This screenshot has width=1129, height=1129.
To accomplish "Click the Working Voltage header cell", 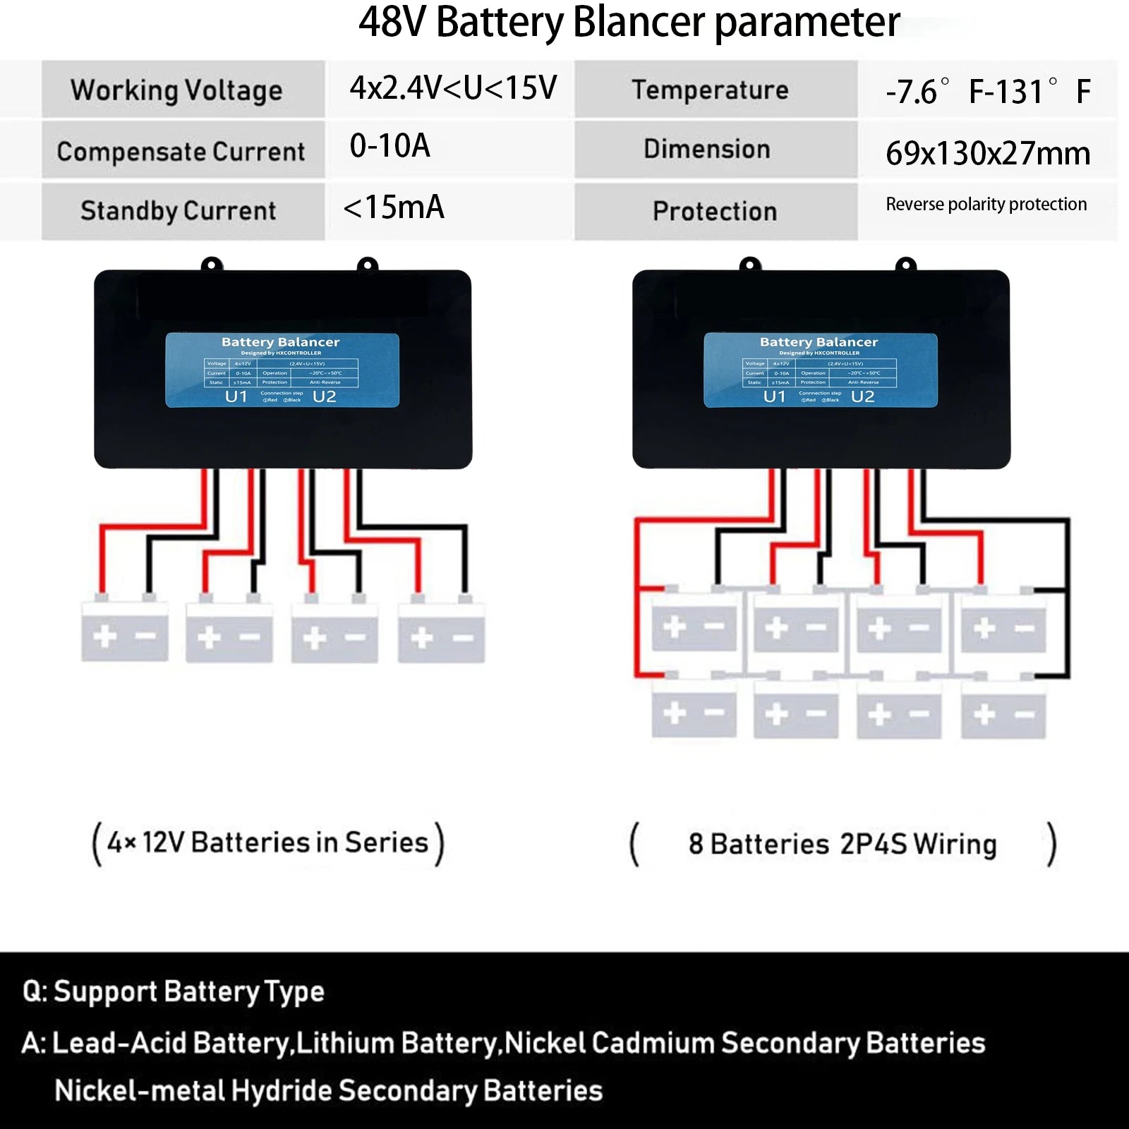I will [x=183, y=90].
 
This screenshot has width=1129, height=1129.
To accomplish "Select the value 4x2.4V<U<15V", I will [x=453, y=88].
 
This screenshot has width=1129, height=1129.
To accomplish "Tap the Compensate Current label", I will [x=182, y=151].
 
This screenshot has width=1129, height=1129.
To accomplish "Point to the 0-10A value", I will [x=390, y=146].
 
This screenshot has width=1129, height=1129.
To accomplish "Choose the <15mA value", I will [x=394, y=207].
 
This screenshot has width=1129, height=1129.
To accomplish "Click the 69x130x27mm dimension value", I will [x=987, y=153].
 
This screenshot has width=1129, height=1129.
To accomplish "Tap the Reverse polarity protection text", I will [x=986, y=205].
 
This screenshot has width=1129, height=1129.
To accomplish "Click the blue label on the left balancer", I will [x=282, y=370].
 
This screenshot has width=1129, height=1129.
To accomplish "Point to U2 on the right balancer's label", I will [x=862, y=397].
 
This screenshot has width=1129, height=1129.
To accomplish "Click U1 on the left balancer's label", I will [x=236, y=397].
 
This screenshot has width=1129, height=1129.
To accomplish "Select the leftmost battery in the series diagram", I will [x=125, y=632].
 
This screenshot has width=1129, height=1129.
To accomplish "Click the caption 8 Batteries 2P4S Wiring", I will [x=843, y=844].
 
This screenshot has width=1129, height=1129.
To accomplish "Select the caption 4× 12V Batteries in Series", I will [x=268, y=843].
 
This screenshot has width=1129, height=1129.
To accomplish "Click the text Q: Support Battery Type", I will [x=174, y=991].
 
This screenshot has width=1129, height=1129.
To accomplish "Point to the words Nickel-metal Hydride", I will [x=194, y=1091].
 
